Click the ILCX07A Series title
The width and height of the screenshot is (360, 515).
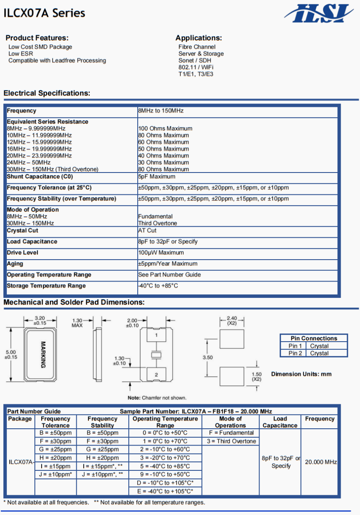[x=44, y=13]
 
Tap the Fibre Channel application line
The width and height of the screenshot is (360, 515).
[x=197, y=47]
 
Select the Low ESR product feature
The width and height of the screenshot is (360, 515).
[x=21, y=54]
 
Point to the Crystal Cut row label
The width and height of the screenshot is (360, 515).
[x=22, y=230]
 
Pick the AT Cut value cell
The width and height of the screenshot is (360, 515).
[x=147, y=230]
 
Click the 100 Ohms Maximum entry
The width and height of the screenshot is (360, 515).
[x=165, y=128]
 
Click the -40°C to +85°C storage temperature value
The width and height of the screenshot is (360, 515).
[x=158, y=286]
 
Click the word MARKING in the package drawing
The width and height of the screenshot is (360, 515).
[x=43, y=354]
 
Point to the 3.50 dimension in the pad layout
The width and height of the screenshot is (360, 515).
[x=208, y=357]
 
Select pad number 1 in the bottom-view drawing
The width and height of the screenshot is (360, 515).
[x=156, y=335]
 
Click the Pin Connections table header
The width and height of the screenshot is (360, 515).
[x=314, y=338]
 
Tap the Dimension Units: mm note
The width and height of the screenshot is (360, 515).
[x=301, y=374]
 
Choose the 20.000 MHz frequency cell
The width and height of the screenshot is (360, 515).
[x=321, y=462]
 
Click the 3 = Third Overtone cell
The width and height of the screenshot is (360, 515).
[x=231, y=441]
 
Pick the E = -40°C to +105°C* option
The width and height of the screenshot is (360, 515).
[x=165, y=491]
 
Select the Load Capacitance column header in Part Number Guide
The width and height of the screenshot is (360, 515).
[x=280, y=422]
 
